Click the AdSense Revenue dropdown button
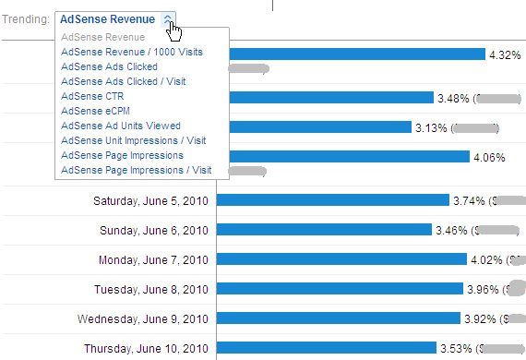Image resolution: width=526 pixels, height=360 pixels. [114, 19]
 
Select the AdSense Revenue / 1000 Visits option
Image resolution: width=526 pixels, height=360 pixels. [132, 53]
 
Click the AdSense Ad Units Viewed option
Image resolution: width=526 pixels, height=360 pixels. [121, 126]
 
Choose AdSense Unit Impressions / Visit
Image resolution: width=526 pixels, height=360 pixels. [133, 140]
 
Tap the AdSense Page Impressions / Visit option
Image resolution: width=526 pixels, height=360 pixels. [136, 170]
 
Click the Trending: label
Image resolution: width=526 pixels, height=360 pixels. [25, 19]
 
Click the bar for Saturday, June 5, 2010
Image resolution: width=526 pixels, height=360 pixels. [332, 200]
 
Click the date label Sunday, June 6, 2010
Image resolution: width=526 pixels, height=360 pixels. [151, 230]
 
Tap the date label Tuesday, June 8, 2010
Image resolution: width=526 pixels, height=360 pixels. [151, 289]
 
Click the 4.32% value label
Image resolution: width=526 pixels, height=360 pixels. [506, 54]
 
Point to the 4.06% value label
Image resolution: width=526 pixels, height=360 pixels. [489, 157]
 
